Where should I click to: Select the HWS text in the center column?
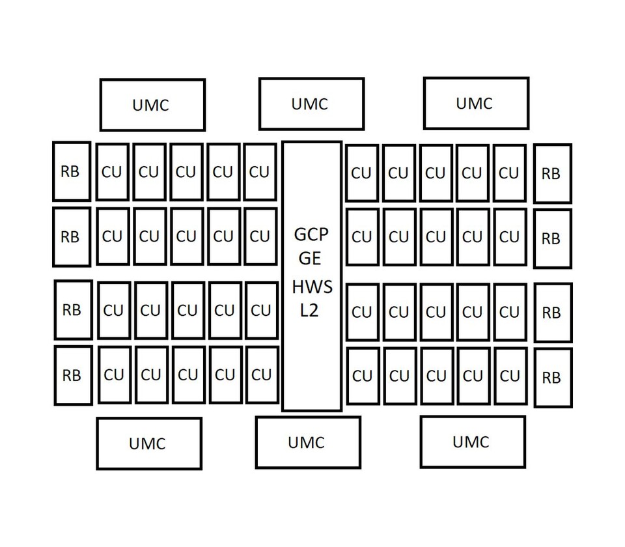point(312,287)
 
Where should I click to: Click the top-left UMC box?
point(152,105)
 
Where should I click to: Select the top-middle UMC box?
point(311,104)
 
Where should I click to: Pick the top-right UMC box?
point(476,103)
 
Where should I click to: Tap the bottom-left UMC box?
point(148,443)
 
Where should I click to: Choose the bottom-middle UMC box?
point(307,442)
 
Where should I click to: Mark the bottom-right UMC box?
point(472,442)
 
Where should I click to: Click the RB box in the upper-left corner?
point(71,171)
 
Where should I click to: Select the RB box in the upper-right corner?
point(552,173)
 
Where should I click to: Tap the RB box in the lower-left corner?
point(72,375)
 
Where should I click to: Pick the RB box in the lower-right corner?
point(553,377)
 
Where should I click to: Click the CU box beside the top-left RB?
point(113,172)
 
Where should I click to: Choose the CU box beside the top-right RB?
point(510,173)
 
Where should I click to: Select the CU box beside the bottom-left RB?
point(114,374)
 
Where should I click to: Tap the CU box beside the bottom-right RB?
point(510,376)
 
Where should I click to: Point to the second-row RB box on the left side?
point(71,236)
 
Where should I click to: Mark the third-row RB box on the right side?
point(553,313)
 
